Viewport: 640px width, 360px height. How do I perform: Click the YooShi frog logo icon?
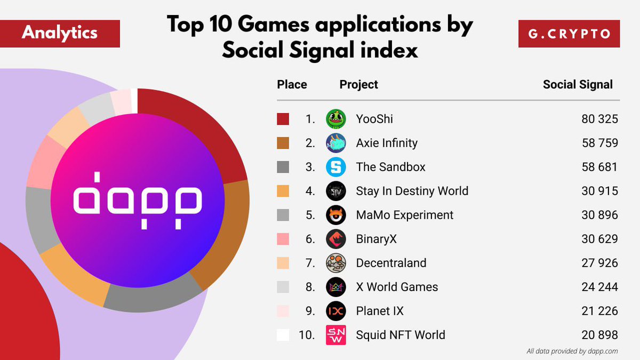(336, 119)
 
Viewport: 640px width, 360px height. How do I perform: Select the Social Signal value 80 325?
(599, 119)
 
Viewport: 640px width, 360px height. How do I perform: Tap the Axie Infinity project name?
(387, 143)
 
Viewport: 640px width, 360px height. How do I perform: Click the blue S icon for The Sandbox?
(336, 167)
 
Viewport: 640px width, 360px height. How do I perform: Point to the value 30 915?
(599, 191)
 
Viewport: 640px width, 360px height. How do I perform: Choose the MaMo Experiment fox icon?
(336, 215)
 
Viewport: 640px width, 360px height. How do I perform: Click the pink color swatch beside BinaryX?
(283, 239)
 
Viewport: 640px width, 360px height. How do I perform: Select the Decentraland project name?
(391, 263)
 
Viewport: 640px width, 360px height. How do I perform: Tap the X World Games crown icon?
(336, 287)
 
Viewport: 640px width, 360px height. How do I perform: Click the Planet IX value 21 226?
(599, 311)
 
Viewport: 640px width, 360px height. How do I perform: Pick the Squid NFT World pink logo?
(336, 335)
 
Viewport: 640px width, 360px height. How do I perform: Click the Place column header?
(292, 84)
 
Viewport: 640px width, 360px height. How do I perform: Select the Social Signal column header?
(578, 84)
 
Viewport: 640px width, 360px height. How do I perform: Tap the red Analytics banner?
(60, 34)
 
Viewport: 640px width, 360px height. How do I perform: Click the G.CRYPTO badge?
(569, 34)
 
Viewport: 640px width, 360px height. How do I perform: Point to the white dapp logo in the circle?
(138, 200)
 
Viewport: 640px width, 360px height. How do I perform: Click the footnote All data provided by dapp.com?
(572, 351)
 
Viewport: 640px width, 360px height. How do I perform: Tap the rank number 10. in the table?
(307, 335)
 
